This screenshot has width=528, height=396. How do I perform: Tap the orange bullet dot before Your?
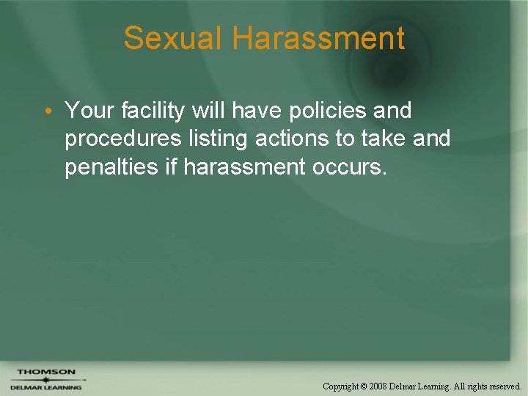46,111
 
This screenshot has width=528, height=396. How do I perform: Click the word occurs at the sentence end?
345,167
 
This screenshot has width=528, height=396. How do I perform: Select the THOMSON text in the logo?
45,372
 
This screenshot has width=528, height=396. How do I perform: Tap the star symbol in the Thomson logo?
45,379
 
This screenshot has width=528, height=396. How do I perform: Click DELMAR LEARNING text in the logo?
45,387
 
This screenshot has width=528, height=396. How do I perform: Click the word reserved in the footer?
502,386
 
